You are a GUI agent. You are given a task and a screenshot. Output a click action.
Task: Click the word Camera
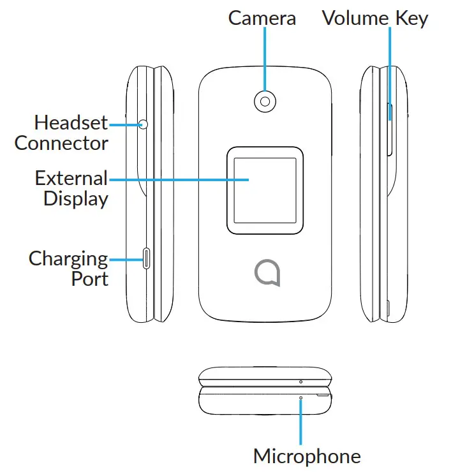(262, 18)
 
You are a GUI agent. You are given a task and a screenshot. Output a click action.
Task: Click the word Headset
(71, 122)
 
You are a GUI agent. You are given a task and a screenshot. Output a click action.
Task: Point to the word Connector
(61, 142)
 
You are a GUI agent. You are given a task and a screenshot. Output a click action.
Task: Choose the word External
(71, 177)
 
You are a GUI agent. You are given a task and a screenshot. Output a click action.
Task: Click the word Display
(75, 198)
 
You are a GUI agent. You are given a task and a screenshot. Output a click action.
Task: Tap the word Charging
(68, 258)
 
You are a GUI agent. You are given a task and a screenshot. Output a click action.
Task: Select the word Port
(89, 279)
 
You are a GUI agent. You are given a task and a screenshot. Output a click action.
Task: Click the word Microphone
(307, 456)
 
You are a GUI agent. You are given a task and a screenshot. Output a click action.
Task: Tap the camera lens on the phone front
(264, 100)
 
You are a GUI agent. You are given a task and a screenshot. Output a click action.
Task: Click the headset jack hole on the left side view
(143, 124)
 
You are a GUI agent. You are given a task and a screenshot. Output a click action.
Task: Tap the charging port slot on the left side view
(147, 258)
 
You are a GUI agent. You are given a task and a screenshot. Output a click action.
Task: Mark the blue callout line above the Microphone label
(301, 421)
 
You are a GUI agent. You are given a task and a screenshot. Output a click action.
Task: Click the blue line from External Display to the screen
(179, 179)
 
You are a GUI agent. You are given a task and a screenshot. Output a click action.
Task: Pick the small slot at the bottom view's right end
(324, 396)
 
